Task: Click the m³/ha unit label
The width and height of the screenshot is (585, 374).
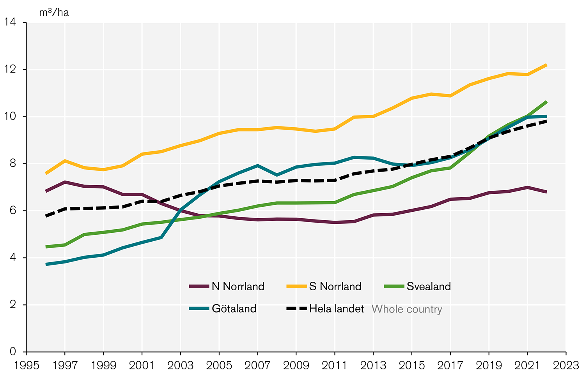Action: click(x=54, y=12)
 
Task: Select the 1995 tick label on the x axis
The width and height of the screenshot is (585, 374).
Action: click(x=26, y=365)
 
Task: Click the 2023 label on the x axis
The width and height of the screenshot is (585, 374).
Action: click(x=565, y=365)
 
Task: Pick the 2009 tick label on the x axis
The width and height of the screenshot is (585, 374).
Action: click(x=296, y=365)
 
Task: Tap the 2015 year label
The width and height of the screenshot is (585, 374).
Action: click(x=411, y=365)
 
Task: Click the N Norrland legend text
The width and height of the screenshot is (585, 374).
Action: click(x=238, y=286)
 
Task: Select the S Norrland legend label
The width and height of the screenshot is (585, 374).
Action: click(x=335, y=286)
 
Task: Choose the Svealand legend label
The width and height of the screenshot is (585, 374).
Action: click(x=429, y=286)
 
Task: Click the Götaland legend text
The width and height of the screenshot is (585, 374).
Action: click(x=234, y=309)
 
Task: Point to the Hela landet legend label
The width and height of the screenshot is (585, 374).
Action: click(x=336, y=309)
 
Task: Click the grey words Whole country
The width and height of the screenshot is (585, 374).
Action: click(x=407, y=309)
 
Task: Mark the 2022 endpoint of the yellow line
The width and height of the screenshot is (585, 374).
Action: click(x=546, y=65)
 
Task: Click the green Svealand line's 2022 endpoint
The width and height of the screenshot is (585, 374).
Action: click(x=546, y=102)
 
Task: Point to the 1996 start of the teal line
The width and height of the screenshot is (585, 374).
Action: click(x=46, y=264)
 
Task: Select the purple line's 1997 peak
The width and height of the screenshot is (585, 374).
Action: click(x=65, y=182)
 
